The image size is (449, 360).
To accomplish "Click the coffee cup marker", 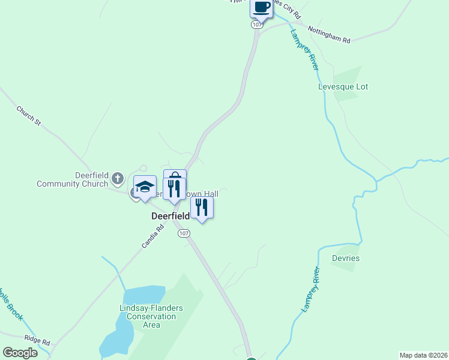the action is (261, 7).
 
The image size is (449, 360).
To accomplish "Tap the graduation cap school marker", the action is (145, 187).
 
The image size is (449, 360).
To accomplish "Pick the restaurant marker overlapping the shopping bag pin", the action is (174, 189).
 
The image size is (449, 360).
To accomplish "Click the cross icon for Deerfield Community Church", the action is (117, 178).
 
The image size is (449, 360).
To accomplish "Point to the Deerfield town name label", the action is (170, 215).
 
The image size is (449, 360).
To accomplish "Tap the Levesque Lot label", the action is (343, 87).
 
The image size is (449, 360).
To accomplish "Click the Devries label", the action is (345, 259).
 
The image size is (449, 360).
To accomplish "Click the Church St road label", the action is (28, 116).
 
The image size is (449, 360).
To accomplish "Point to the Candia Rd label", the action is (152, 236).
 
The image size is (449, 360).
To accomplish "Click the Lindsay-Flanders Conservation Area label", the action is (152, 316).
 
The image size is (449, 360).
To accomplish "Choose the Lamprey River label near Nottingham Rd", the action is (304, 50).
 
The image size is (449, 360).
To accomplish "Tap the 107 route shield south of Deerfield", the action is (184, 233).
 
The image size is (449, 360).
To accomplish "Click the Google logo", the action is (20, 353).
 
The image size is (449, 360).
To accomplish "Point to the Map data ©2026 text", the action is (423, 355).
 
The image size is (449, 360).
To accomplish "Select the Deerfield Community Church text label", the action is (72, 179).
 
